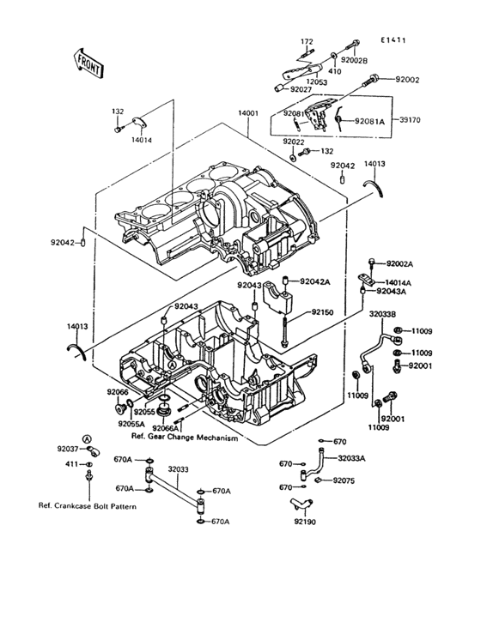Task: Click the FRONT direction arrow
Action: [x=87, y=62]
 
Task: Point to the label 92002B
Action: [x=353, y=61]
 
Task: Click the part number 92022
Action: [x=293, y=142]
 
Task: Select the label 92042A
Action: [x=314, y=281]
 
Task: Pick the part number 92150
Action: [x=323, y=313]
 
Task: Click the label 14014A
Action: [x=398, y=281]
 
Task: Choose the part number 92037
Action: [x=68, y=449]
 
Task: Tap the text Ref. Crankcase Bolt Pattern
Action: [x=88, y=505]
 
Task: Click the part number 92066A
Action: [x=167, y=427]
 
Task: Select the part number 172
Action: [x=307, y=41]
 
